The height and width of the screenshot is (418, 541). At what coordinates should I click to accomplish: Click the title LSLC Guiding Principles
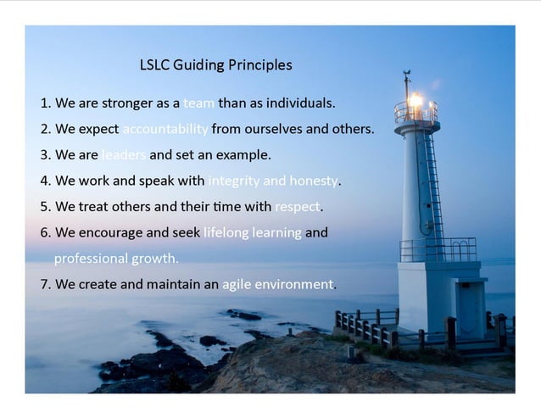click(x=215, y=65)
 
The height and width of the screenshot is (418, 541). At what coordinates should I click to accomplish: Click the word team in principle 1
click(x=199, y=103)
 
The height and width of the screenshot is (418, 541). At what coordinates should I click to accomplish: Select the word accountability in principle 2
click(x=165, y=130)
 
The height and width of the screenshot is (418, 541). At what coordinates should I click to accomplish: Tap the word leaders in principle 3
click(x=124, y=155)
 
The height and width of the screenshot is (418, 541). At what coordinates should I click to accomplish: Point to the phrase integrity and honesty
click(x=273, y=181)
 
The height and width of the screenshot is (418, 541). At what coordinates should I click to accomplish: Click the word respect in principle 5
click(x=298, y=206)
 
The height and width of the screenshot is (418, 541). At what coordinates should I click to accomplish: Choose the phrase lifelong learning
click(x=253, y=232)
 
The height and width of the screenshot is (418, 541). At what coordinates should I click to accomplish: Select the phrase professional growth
click(x=116, y=258)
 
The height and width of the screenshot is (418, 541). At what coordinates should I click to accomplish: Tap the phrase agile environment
click(x=277, y=284)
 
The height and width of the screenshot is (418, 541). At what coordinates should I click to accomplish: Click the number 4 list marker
click(x=45, y=181)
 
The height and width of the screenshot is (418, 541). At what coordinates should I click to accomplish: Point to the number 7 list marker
click(x=45, y=284)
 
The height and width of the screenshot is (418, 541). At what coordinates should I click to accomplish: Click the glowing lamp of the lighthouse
click(x=416, y=101)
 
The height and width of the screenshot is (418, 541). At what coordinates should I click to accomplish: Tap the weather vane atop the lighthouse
click(x=407, y=79)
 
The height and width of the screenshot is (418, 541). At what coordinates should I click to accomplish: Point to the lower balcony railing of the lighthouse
click(x=438, y=248)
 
